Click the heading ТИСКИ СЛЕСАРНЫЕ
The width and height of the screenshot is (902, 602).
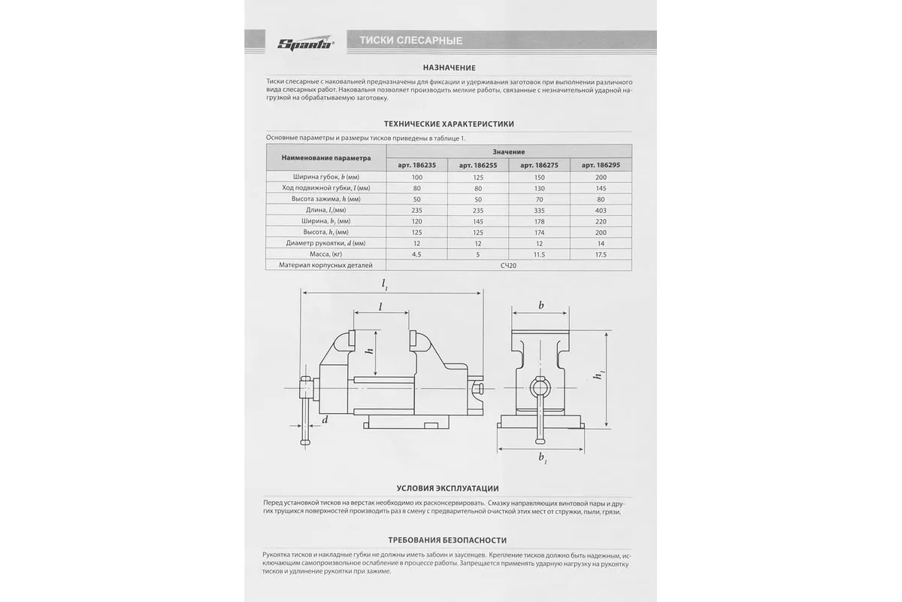coord(410,41)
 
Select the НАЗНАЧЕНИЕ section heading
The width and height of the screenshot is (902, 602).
coord(449,68)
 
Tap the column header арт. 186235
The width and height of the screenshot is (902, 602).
coord(416,165)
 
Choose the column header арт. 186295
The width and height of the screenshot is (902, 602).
coord(601,165)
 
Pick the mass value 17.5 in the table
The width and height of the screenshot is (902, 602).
coord(601,255)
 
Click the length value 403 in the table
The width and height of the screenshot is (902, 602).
coord(601,210)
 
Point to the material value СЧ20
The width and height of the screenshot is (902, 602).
coord(509,266)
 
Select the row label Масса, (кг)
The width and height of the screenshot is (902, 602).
coord(325,255)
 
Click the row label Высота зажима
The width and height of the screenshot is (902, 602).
coord(325,199)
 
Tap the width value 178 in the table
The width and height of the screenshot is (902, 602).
coord(540,221)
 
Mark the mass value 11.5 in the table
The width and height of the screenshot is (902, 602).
coord(540,255)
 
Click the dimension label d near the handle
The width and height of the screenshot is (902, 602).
coord(325,419)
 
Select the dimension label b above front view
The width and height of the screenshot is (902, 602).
coord(541,306)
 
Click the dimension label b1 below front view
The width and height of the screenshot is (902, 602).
coord(543,458)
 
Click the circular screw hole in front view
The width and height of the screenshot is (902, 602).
coord(540,388)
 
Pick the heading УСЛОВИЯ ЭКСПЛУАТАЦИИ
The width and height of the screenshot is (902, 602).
coord(449,488)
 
